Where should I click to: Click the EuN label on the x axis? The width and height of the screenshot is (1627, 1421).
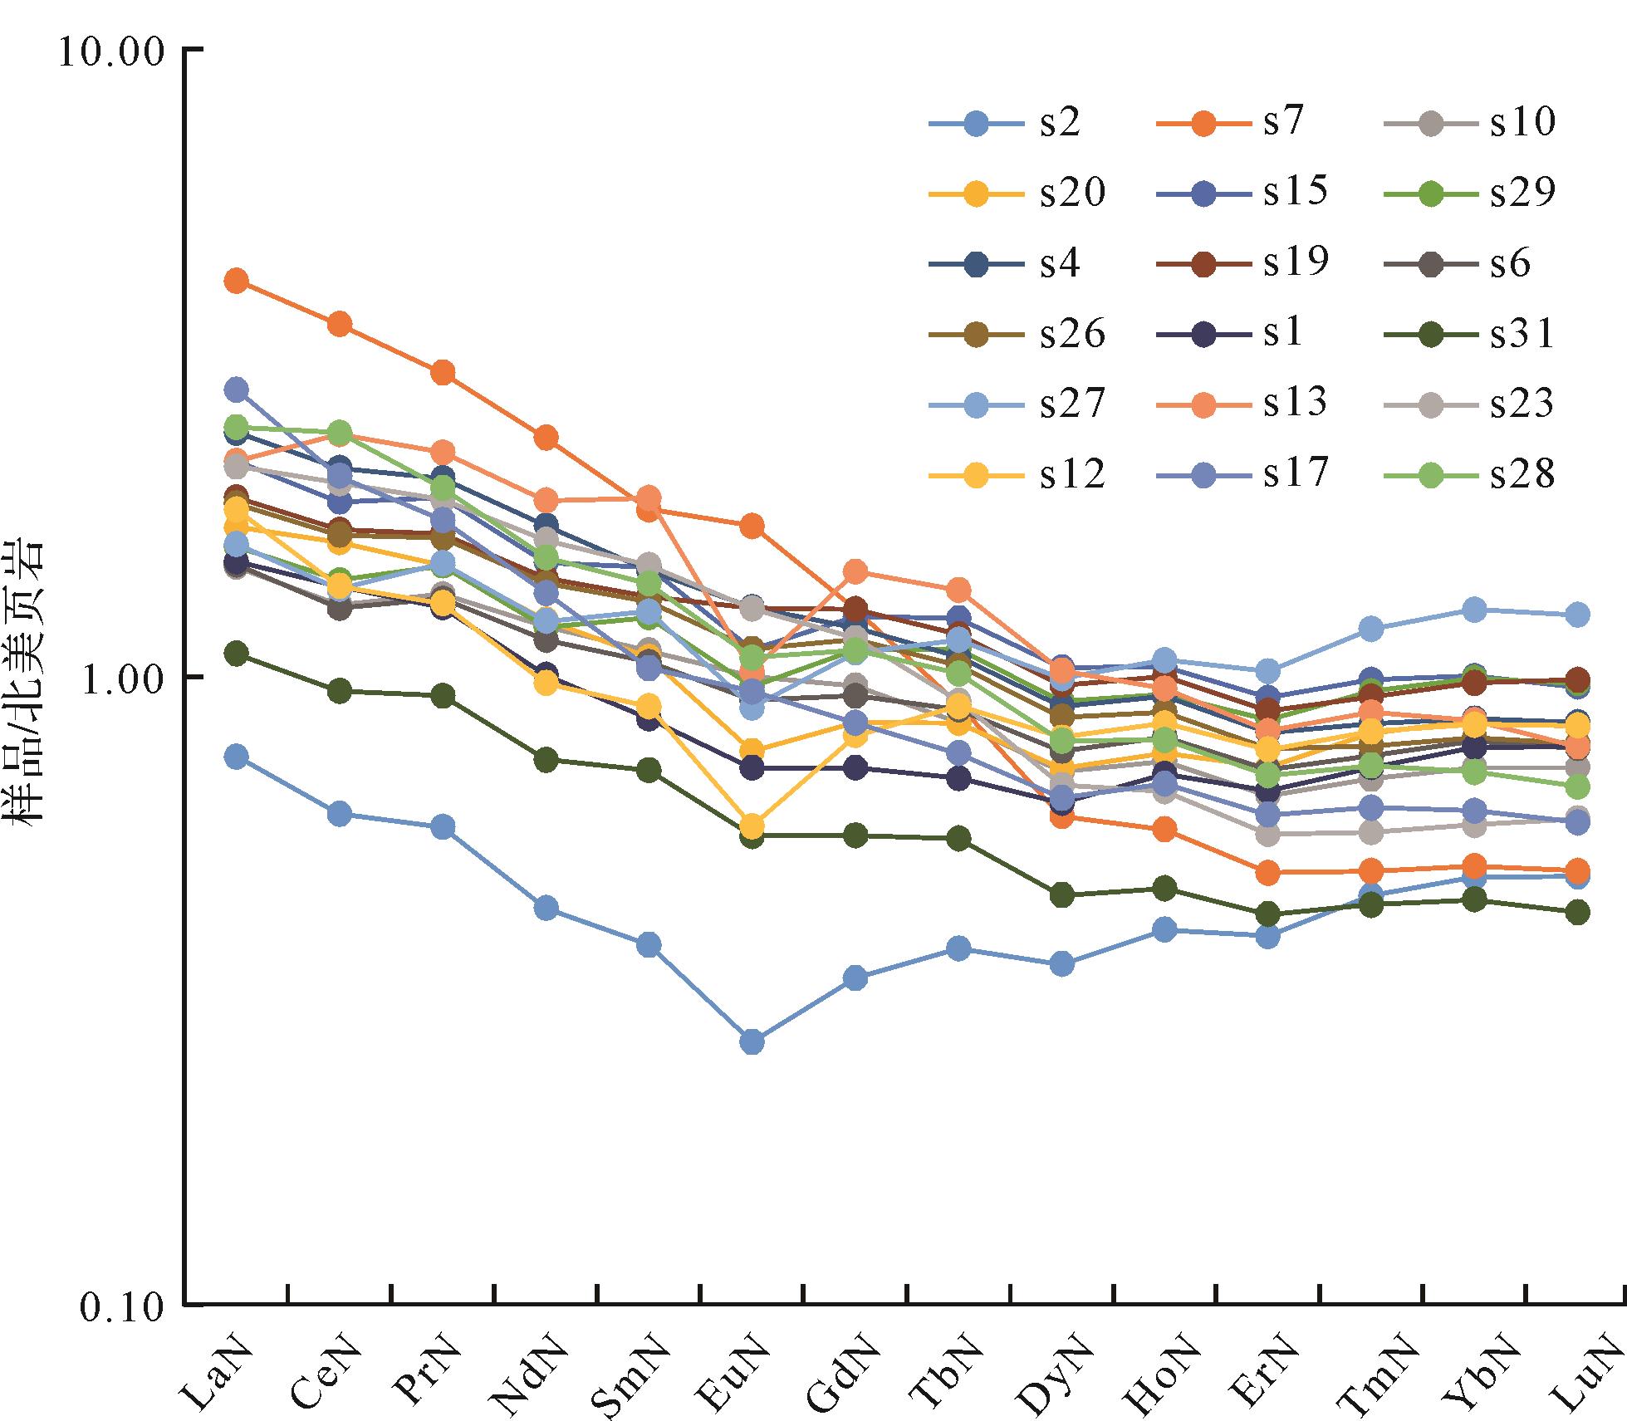735,1362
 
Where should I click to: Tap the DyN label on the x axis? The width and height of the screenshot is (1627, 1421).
1044,1362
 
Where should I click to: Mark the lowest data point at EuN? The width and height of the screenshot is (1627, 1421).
752,1041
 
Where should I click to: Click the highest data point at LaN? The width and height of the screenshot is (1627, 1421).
237,281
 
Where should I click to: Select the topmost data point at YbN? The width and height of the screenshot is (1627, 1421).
1474,610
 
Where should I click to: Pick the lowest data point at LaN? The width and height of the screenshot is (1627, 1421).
237,757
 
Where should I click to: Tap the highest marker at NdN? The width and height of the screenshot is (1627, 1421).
546,437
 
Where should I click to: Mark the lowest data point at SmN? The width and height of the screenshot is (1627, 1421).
649,945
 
